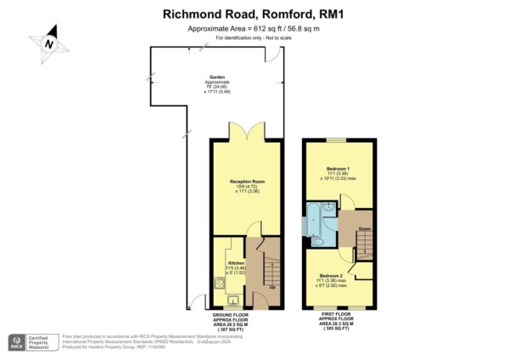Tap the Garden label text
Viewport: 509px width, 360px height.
click(x=207, y=76)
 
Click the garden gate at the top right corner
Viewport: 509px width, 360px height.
click(x=273, y=54)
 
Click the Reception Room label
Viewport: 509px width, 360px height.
click(x=248, y=182)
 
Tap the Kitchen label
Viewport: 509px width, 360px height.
click(x=236, y=263)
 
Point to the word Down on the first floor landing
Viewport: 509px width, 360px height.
click(x=365, y=229)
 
